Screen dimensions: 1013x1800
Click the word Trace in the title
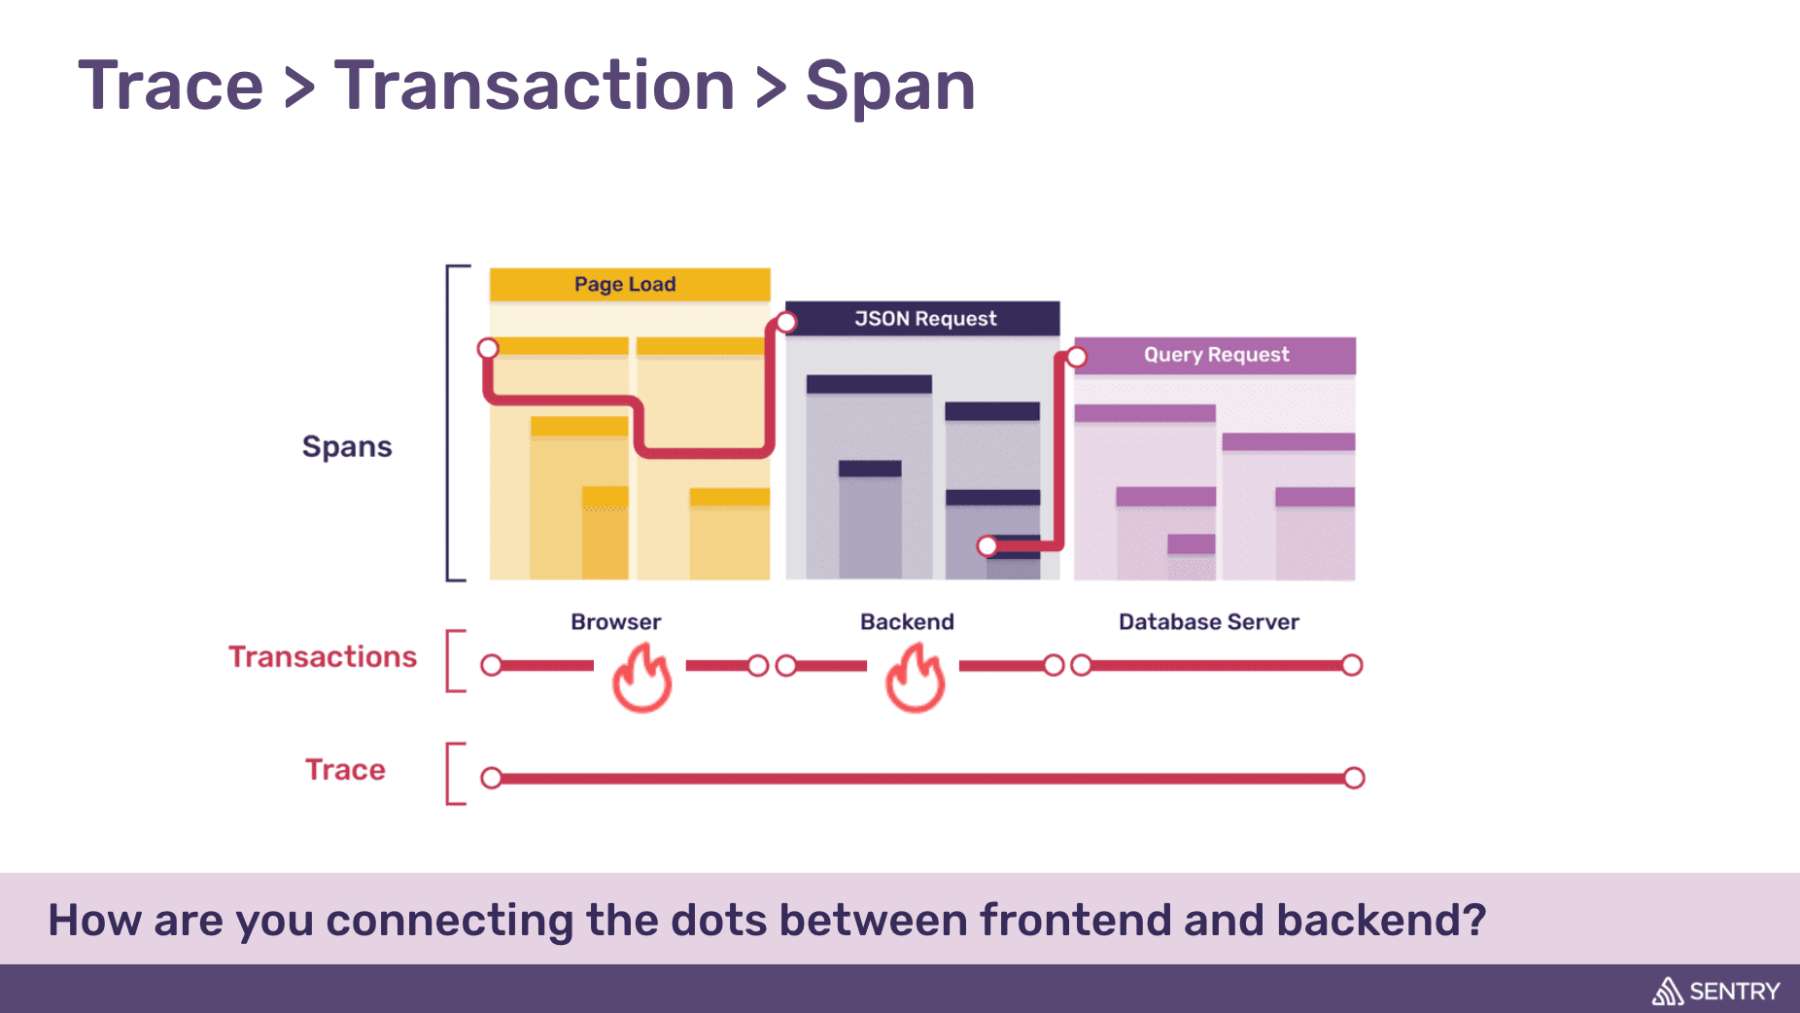(x=171, y=86)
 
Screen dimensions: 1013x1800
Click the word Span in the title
(x=890, y=86)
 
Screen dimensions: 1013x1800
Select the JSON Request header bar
(x=923, y=319)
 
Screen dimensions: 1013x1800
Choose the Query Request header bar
(x=1216, y=355)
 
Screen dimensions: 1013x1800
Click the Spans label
(x=347, y=446)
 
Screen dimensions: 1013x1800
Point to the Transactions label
(x=323, y=657)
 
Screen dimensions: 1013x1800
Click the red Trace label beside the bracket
(x=345, y=770)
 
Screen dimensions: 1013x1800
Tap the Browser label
(x=615, y=622)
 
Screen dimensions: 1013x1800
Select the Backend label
(x=907, y=622)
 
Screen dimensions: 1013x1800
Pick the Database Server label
(x=1208, y=622)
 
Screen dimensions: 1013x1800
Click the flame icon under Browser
(x=642, y=680)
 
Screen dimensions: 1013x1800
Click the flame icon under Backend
(x=915, y=680)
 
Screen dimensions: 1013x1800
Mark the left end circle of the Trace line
(x=492, y=778)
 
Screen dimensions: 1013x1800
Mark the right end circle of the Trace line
(x=1354, y=778)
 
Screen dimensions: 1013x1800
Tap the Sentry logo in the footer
(x=1715, y=992)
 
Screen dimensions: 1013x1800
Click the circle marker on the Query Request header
(x=1077, y=357)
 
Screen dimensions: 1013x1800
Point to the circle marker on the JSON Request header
(x=786, y=322)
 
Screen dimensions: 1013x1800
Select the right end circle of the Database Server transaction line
(x=1352, y=665)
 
